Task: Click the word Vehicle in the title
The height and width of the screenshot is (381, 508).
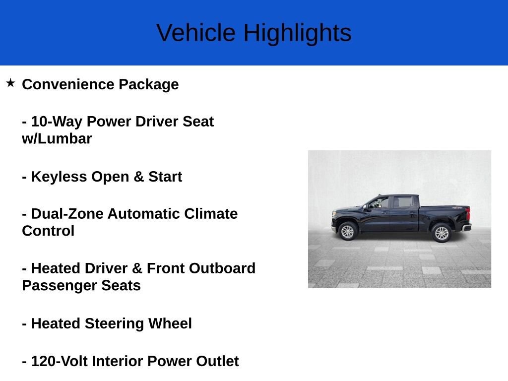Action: click(x=195, y=33)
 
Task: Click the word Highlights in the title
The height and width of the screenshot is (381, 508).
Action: click(x=298, y=34)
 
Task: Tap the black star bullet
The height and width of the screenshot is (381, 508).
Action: click(x=10, y=83)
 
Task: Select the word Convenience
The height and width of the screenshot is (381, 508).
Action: click(x=68, y=84)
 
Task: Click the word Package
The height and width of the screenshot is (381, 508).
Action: click(x=149, y=85)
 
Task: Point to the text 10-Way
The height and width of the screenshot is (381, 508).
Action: click(x=57, y=122)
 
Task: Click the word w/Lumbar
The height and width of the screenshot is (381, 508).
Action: click(x=57, y=139)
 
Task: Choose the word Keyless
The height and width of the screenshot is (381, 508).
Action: click(x=59, y=177)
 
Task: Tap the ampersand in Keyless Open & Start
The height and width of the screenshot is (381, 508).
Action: click(x=138, y=177)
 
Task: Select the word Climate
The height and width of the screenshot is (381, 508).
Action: click(x=211, y=214)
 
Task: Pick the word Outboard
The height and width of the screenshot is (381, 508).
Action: click(x=222, y=268)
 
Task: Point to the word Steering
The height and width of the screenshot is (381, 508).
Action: click(x=114, y=324)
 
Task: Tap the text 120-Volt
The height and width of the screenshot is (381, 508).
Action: click(x=60, y=361)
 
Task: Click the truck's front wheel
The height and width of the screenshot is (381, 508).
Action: click(x=347, y=231)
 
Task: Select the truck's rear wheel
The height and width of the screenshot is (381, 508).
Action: click(x=441, y=233)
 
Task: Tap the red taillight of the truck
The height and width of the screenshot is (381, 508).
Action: click(x=467, y=213)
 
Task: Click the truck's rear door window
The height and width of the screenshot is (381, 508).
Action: click(x=403, y=202)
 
